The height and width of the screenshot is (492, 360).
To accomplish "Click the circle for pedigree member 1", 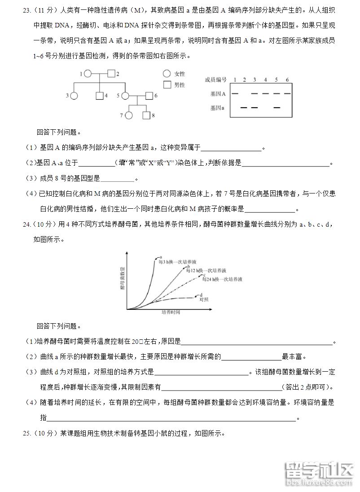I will pos(88,74).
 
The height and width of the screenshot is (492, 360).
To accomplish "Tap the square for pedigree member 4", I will pos(99,95).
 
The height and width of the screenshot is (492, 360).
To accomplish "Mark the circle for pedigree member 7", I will pos(129,115).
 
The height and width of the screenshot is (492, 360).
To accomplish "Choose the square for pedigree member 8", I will pos(146,115).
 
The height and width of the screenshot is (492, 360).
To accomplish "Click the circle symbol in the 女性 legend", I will pos(167,74).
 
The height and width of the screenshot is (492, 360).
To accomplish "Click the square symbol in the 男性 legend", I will pos(167,84).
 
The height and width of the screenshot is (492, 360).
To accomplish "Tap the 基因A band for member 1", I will pos(234,93).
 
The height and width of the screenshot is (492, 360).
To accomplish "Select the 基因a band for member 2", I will pos(244,108).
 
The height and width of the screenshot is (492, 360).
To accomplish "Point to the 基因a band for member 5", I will pos(277,108).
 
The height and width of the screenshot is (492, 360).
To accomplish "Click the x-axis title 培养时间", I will pos(171,312).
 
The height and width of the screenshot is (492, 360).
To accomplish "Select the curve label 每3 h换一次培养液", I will pos(170,262).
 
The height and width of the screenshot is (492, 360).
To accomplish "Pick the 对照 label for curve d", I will pos(204,299).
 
